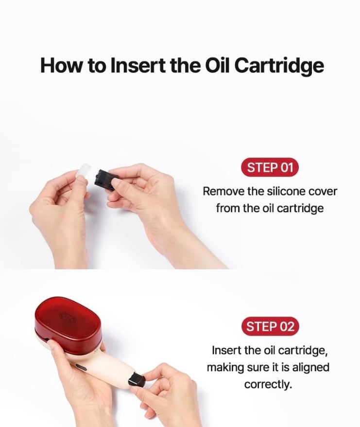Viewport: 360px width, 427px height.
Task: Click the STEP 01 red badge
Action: click(270, 167)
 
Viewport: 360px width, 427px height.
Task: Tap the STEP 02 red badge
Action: click(270, 326)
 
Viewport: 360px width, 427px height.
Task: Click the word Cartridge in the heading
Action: click(278, 66)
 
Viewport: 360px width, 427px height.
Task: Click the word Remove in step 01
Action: click(223, 192)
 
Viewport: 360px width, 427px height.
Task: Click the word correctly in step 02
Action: click(268, 385)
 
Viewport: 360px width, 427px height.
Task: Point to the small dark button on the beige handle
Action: click(81, 367)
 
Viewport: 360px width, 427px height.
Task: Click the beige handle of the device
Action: click(103, 367)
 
